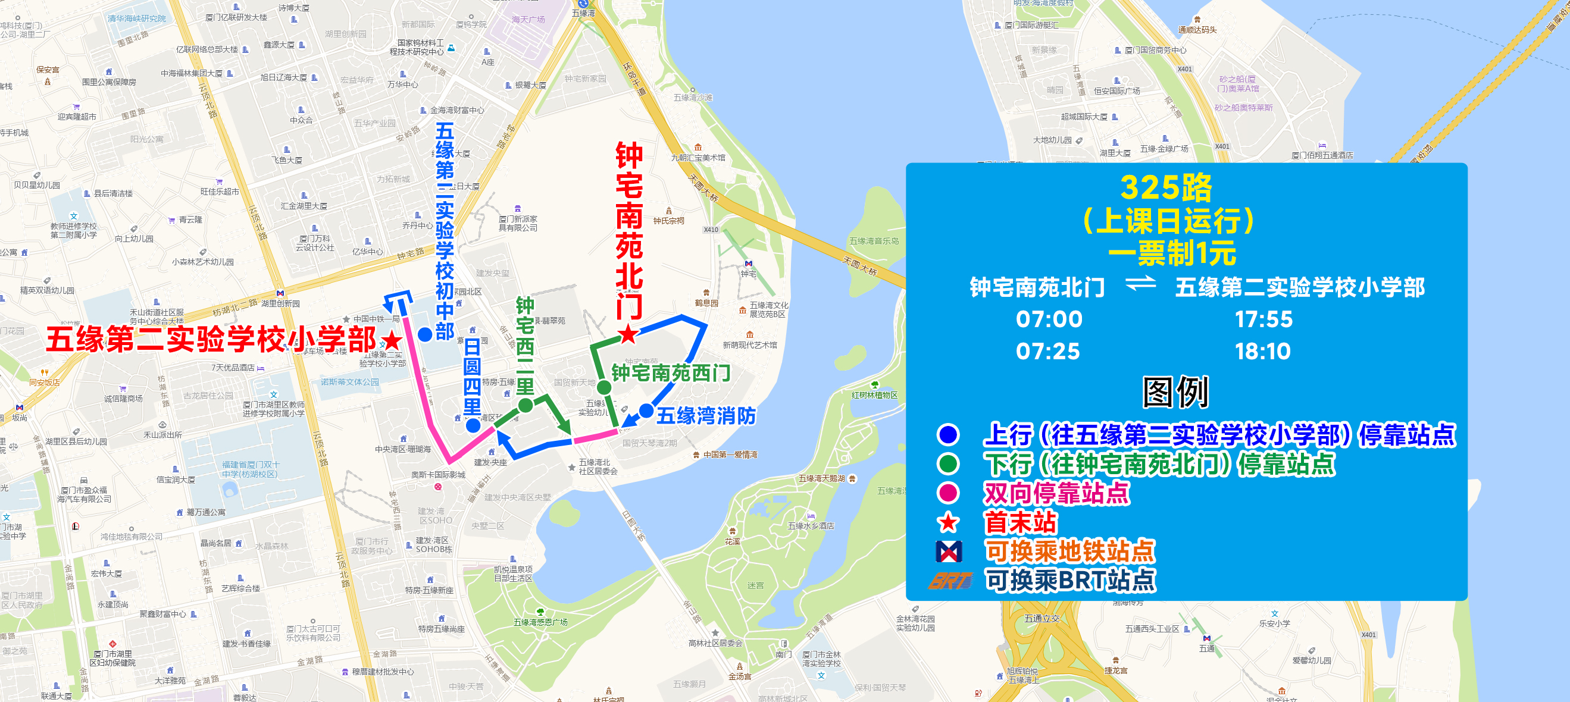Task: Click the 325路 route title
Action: pyautogui.click(x=1166, y=187)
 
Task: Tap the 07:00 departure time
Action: pyautogui.click(x=1049, y=319)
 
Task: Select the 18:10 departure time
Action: pyautogui.click(x=1262, y=352)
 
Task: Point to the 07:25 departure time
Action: pyautogui.click(x=1047, y=352)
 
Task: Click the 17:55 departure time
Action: pyautogui.click(x=1263, y=319)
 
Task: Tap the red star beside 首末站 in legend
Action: pyautogui.click(x=948, y=522)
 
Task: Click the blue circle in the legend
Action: pyautogui.click(x=948, y=434)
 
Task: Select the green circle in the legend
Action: pyautogui.click(x=948, y=463)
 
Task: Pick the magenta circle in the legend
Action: pyautogui.click(x=948, y=493)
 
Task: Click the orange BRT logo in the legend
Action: pyautogui.click(x=949, y=581)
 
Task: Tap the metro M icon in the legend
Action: pyautogui.click(x=948, y=551)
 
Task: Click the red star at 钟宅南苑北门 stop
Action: pyautogui.click(x=628, y=334)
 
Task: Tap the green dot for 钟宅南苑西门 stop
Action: pyautogui.click(x=604, y=387)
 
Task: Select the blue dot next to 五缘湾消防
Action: pyautogui.click(x=646, y=410)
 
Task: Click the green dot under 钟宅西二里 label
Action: pyautogui.click(x=526, y=405)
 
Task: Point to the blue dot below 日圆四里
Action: pyautogui.click(x=473, y=425)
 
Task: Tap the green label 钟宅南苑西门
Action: pyautogui.click(x=670, y=373)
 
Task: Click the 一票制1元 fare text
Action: pyautogui.click(x=1171, y=253)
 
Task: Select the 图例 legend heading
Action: pyautogui.click(x=1175, y=393)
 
